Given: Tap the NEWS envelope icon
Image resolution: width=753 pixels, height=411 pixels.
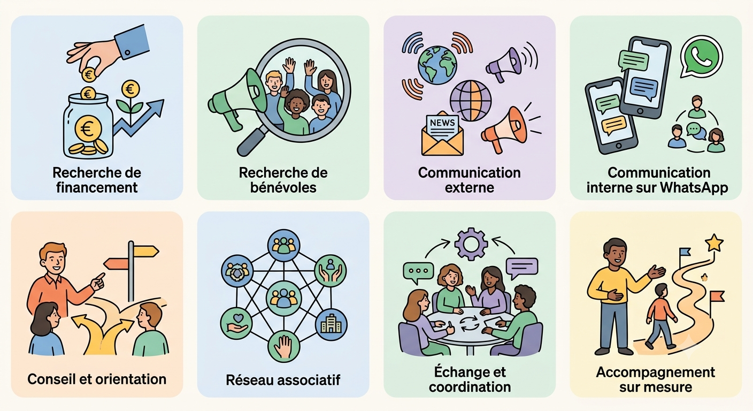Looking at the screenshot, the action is [442, 134].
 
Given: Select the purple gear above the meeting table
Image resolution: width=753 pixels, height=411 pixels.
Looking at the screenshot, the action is [471, 244].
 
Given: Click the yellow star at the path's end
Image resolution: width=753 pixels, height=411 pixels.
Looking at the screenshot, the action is [714, 242].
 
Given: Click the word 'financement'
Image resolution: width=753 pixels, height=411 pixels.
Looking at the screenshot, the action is [97, 188].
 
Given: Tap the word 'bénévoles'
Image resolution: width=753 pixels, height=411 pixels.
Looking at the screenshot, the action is [283, 188].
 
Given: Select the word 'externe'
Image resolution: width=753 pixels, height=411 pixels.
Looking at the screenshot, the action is [469, 188].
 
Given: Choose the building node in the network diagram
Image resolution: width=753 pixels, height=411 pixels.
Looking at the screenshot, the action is [331, 324].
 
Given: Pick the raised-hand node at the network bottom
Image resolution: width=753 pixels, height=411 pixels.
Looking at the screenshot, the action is [284, 346].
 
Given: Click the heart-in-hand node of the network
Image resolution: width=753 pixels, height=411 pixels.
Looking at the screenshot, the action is [236, 323].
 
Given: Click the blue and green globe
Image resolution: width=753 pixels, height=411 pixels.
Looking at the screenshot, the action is [437, 65].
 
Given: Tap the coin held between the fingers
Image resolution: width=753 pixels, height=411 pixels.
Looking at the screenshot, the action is [89, 74].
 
